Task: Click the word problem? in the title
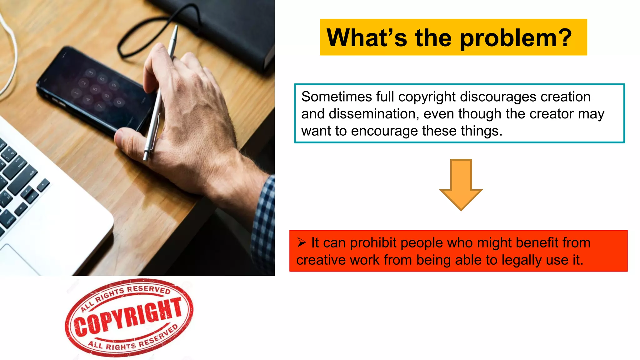pyautogui.click(x=516, y=38)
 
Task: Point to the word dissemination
pyautogui.click(x=374, y=114)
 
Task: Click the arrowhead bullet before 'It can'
pyautogui.click(x=302, y=242)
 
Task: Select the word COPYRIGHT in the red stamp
pyautogui.click(x=128, y=317)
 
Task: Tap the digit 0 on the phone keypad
pyautogui.click(x=119, y=102)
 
